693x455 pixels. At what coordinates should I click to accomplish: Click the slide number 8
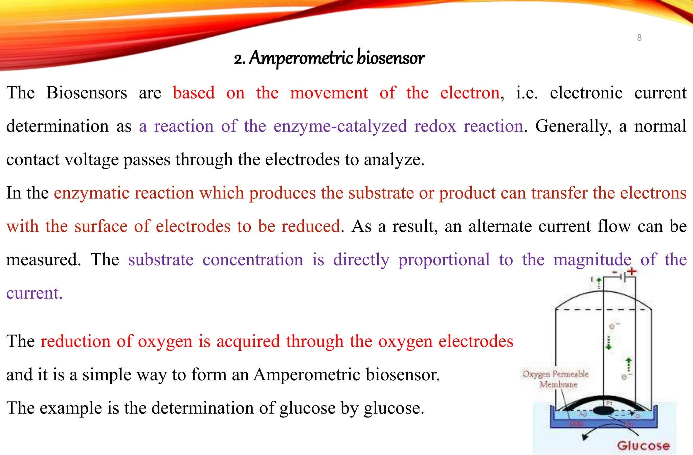tap(639, 38)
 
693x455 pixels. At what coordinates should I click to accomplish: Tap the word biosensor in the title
tap(390, 58)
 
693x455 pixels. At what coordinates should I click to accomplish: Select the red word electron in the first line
tap(469, 93)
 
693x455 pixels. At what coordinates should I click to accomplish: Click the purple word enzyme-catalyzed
tap(340, 126)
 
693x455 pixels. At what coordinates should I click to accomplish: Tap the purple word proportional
tap(444, 260)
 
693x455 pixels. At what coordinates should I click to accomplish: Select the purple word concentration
tap(252, 260)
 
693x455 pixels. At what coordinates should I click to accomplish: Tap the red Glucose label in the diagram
tap(643, 446)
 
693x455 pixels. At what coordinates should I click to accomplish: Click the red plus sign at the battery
tap(631, 271)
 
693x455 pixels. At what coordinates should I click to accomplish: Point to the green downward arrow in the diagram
tap(608, 343)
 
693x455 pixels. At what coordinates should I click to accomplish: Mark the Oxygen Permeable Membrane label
tap(556, 379)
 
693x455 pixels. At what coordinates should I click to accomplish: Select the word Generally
tap(573, 126)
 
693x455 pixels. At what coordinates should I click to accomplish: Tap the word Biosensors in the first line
tap(87, 93)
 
